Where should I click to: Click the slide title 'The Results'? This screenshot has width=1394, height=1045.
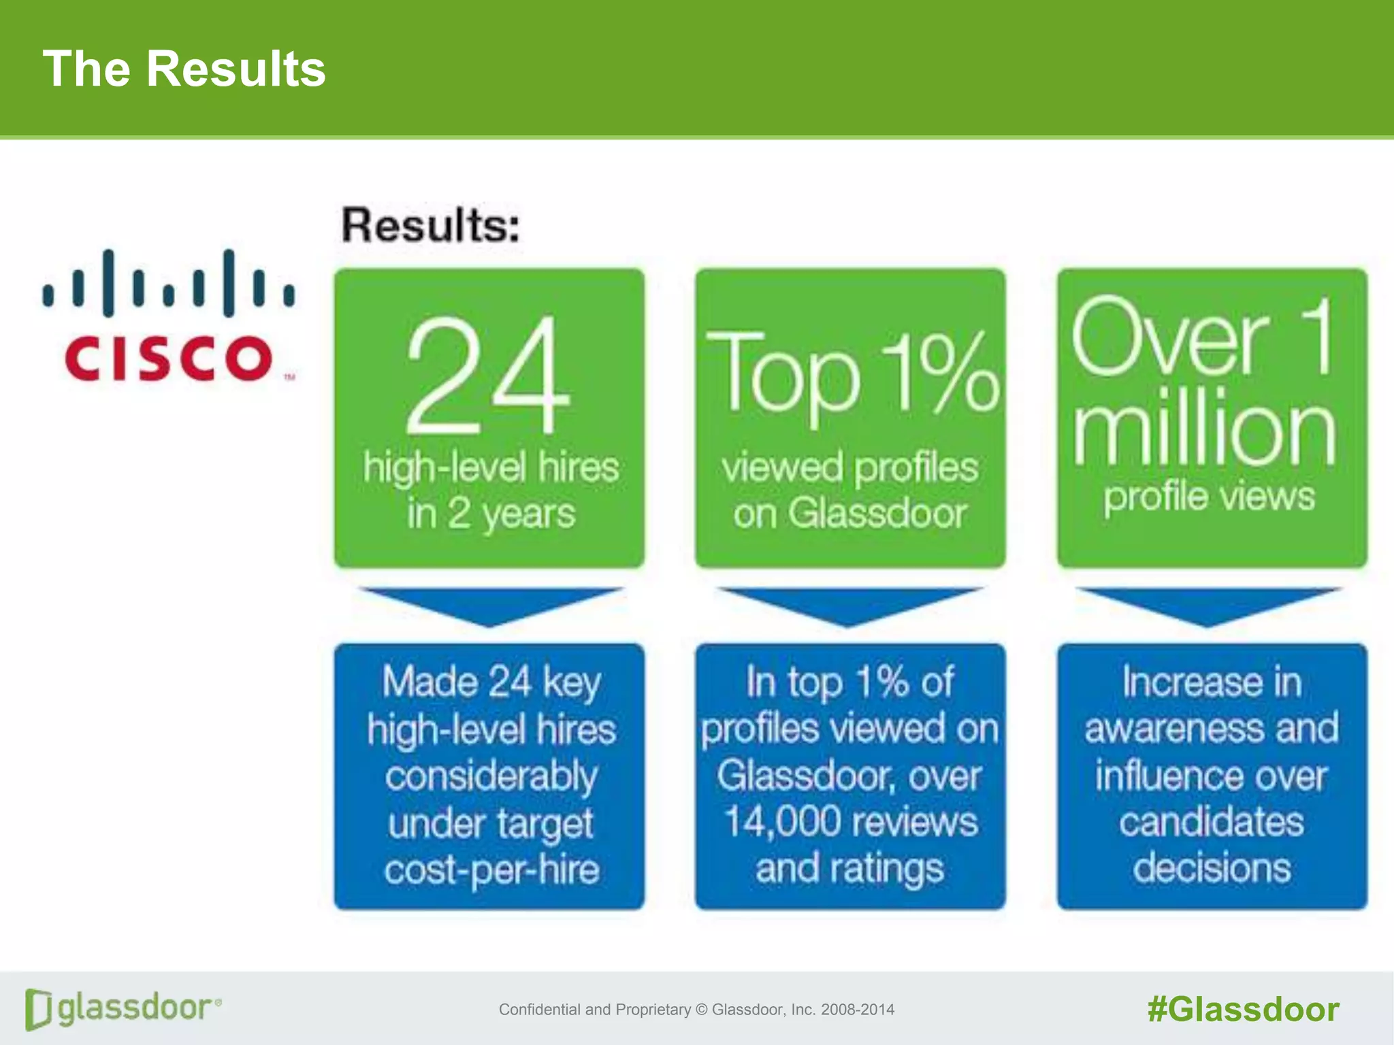coord(184,69)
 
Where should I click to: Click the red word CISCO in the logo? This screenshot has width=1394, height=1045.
coord(169,359)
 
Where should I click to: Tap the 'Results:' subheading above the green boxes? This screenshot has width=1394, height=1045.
coord(431,225)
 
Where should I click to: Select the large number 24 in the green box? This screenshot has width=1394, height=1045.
coord(487,376)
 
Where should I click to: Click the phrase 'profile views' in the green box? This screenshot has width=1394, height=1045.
coord(1209,497)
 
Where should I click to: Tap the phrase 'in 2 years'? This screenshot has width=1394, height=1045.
coord(491,514)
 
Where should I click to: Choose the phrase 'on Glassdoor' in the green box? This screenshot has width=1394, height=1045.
coord(849,514)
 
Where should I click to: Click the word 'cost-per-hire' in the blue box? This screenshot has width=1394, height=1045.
coord(491,870)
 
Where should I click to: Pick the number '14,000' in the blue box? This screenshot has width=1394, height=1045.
coord(773,822)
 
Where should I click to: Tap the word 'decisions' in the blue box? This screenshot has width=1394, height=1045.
coord(1212,869)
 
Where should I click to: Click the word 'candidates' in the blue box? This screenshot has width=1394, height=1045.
coord(1212,822)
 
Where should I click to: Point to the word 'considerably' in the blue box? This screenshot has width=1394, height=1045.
coord(491,776)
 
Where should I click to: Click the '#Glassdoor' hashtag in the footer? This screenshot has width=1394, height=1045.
coord(1243,1009)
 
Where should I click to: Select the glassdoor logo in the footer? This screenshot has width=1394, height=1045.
coord(123,1008)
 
